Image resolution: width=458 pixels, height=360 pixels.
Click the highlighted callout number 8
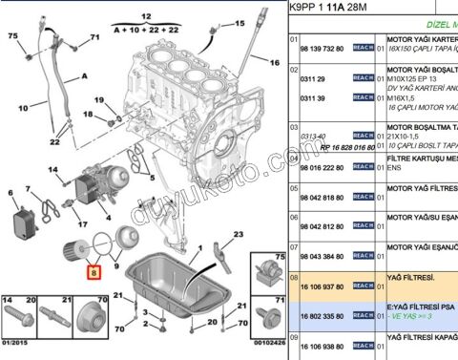coord(93,271)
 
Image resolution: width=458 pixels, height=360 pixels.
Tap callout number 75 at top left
coord(13,35)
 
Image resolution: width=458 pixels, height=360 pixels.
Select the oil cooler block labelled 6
coord(25,224)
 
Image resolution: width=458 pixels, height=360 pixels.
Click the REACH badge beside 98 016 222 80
coord(362,167)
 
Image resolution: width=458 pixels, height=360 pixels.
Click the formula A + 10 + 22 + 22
coord(147,29)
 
